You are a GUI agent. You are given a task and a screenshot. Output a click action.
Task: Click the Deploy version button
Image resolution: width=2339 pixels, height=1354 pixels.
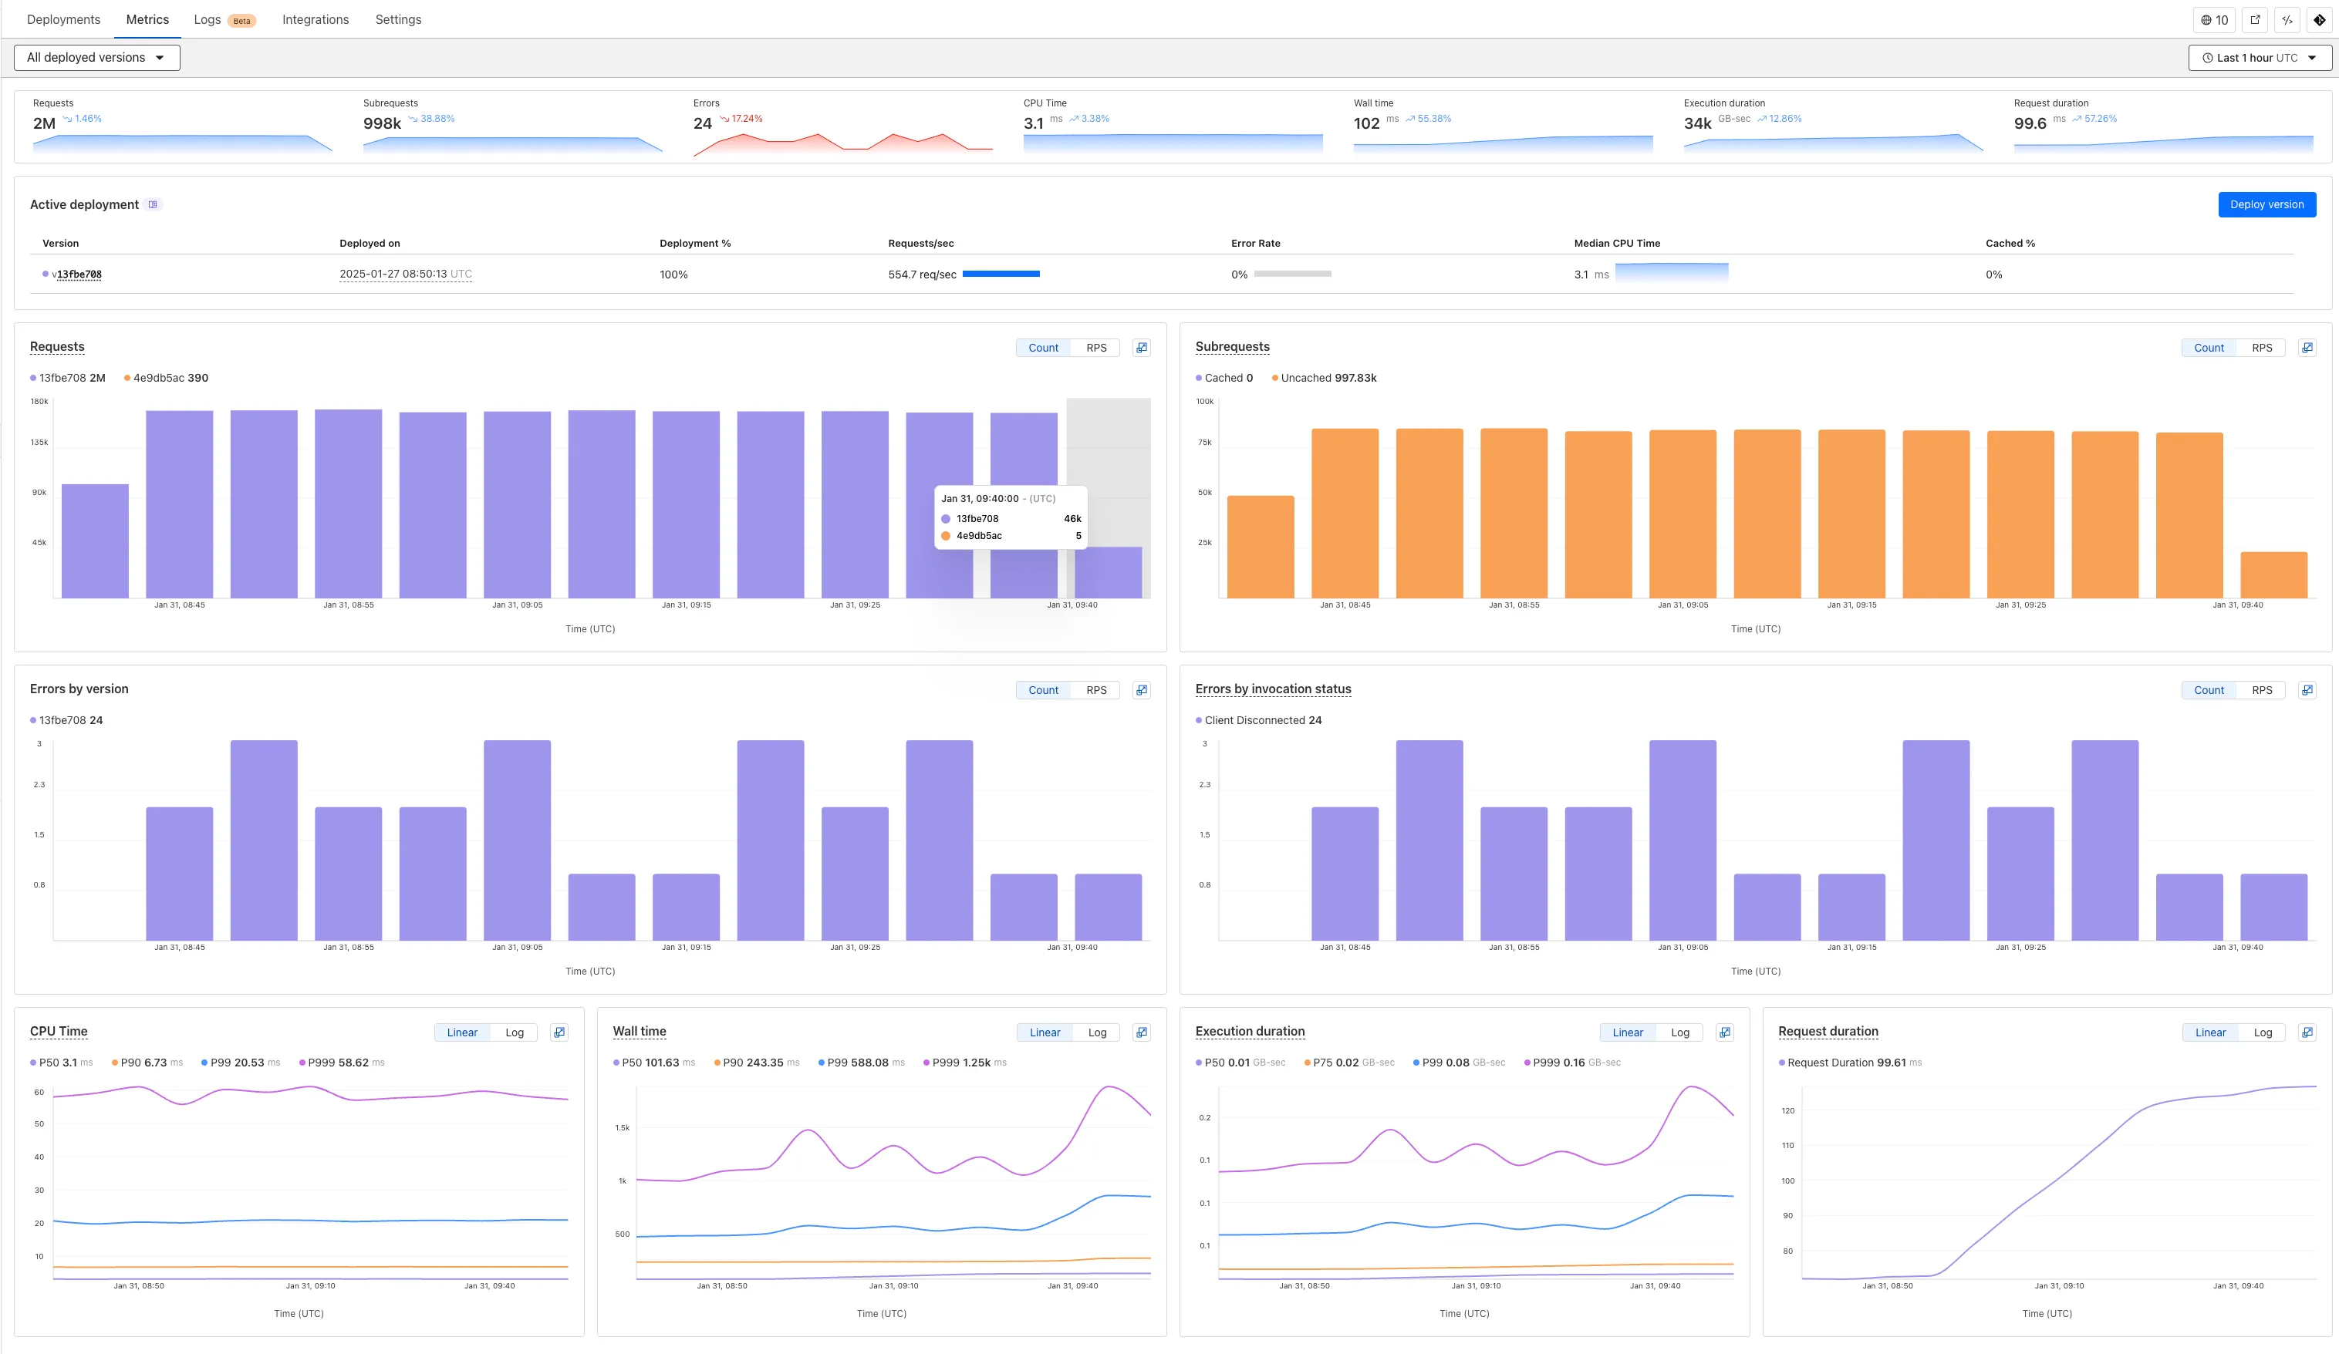click(x=2266, y=204)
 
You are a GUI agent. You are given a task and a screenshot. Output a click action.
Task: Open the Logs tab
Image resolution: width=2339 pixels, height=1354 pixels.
click(x=207, y=19)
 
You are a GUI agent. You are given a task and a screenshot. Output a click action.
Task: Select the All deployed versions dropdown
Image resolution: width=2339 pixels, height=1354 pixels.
click(x=96, y=58)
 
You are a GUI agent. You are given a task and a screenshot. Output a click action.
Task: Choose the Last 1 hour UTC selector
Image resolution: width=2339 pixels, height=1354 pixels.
click(x=2258, y=58)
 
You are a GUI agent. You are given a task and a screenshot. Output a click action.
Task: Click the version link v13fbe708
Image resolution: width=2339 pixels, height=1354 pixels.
click(x=77, y=275)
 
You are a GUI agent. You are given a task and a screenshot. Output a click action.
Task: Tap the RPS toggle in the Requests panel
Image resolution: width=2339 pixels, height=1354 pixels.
click(x=1095, y=348)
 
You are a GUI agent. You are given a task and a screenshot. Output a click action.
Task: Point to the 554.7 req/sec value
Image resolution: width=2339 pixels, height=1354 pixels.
click(x=922, y=275)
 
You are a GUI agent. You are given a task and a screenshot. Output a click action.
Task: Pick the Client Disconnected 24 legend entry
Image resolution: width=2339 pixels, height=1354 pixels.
click(x=1262, y=720)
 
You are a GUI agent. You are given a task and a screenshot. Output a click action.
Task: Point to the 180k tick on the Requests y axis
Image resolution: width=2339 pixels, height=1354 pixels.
click(x=39, y=402)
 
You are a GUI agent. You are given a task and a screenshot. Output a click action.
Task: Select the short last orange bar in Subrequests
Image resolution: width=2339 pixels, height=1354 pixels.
click(x=2273, y=574)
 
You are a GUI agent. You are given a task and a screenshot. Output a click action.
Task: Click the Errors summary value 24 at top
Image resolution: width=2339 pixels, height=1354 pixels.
click(x=702, y=123)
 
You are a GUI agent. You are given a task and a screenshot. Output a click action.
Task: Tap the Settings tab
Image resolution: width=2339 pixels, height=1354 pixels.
click(x=397, y=19)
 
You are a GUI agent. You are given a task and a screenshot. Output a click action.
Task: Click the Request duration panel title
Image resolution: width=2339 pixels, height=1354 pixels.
click(x=1827, y=1031)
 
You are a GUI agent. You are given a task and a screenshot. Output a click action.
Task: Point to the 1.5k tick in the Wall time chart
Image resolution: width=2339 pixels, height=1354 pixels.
click(x=622, y=1127)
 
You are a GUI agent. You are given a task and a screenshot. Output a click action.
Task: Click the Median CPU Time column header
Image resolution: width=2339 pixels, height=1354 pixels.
click(x=1616, y=243)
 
